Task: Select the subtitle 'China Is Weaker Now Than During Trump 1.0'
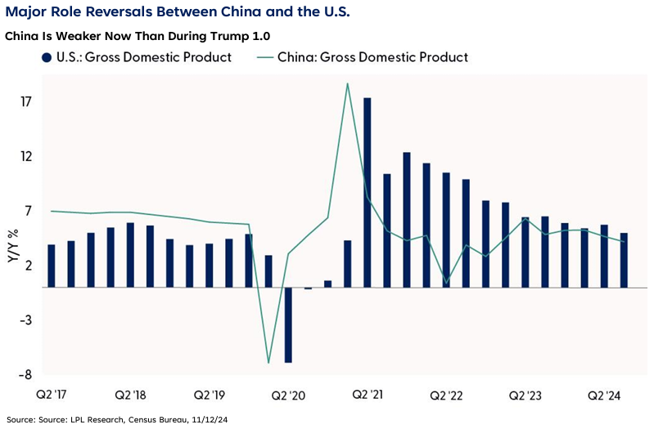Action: coord(137,37)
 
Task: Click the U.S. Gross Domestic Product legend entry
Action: coord(136,57)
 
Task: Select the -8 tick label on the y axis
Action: coord(25,375)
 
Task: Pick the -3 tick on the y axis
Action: coord(25,320)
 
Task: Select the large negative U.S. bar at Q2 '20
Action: coord(288,324)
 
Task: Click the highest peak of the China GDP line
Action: coord(348,84)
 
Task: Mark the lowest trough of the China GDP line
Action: coord(268,361)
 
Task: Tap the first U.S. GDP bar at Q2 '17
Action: coord(51,266)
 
